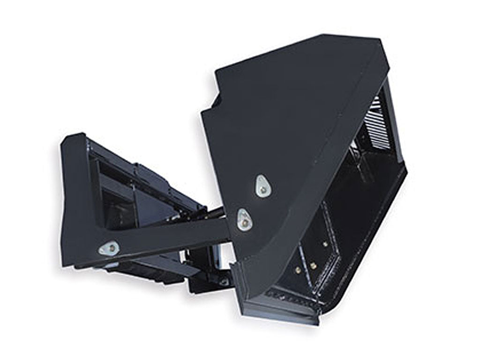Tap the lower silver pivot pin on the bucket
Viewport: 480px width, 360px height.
tap(244, 218)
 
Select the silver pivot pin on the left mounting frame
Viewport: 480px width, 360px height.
tap(109, 248)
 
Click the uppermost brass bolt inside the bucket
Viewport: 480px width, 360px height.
tap(325, 245)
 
